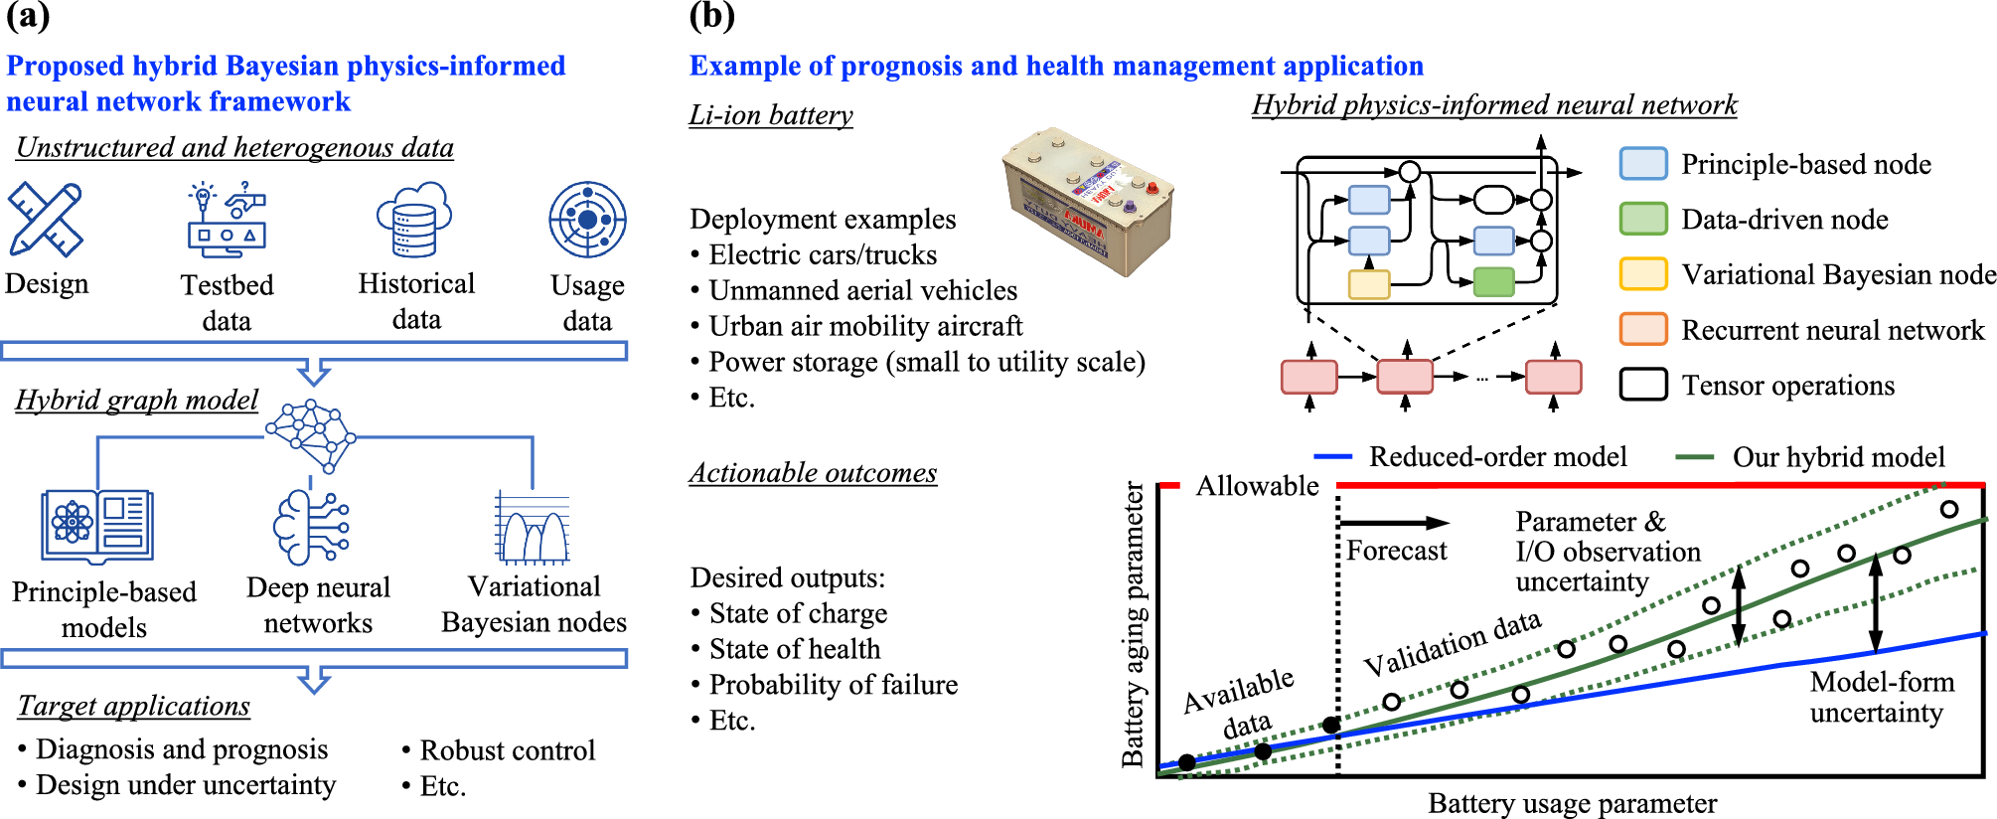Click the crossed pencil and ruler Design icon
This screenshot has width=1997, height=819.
click(x=46, y=219)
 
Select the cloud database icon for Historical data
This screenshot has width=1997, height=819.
click(x=414, y=220)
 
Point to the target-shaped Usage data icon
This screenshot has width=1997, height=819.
click(x=588, y=220)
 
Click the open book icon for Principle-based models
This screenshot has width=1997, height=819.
click(x=97, y=525)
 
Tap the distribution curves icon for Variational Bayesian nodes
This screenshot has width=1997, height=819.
click(x=534, y=528)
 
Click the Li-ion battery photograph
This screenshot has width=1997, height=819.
click(x=1089, y=202)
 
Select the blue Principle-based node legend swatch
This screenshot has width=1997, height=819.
click(x=1643, y=164)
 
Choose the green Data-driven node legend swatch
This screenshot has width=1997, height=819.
click(x=1643, y=219)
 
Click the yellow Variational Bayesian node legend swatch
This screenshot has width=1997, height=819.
click(x=1643, y=273)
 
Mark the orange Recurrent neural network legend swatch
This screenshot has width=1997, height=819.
click(x=1643, y=329)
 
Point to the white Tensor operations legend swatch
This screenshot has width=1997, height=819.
click(x=1643, y=385)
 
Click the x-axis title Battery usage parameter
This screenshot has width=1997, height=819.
click(x=1572, y=803)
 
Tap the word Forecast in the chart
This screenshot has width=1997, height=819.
click(x=1397, y=551)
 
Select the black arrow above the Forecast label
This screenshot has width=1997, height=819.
click(x=1395, y=523)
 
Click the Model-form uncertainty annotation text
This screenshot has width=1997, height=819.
click(x=1880, y=697)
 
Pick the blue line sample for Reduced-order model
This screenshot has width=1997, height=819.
click(x=1332, y=457)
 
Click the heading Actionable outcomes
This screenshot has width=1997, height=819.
click(x=813, y=473)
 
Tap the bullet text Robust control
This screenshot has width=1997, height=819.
click(x=508, y=750)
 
